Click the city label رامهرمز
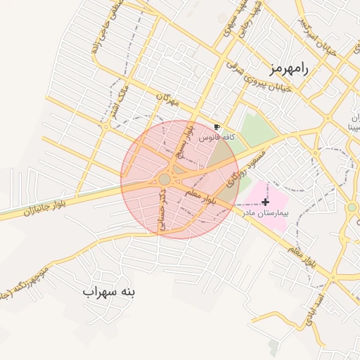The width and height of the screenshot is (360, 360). [289, 68]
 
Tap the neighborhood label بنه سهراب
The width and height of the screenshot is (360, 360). [112, 290]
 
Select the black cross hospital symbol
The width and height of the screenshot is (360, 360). [264, 202]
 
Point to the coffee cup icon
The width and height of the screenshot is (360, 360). [217, 127]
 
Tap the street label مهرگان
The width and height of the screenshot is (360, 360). [168, 101]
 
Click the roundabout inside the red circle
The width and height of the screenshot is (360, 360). [165, 180]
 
